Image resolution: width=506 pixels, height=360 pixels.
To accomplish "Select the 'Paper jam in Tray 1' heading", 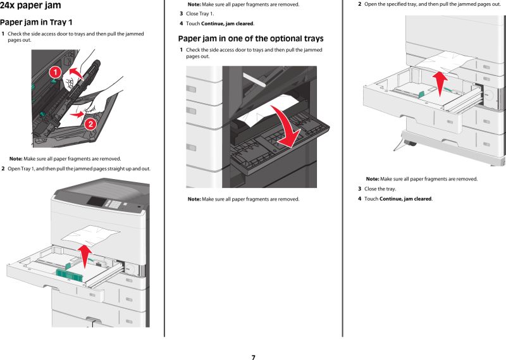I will (40, 22).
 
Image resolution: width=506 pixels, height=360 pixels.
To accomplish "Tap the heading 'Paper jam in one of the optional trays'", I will (250, 38).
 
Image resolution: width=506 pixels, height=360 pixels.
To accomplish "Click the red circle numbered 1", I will (55, 72).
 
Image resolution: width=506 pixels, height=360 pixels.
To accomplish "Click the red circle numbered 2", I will (90, 123).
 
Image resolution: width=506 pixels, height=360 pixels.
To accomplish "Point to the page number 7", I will (253, 357).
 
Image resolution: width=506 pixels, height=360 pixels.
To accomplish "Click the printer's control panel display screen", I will (97, 201).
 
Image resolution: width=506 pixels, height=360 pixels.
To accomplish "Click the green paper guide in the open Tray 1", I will (69, 272).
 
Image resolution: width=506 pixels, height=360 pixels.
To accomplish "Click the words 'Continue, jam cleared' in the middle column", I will (227, 23).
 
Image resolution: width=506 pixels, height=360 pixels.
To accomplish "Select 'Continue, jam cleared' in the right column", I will (405, 199).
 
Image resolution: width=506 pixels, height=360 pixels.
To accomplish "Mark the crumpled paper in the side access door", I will (266, 111).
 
